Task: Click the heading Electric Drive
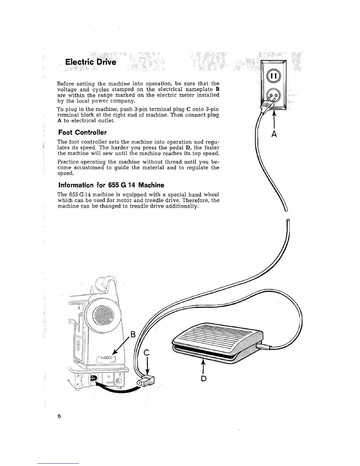tap(91, 62)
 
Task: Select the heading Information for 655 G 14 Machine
tap(111, 185)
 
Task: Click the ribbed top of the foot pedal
tap(218, 335)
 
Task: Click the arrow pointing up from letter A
tap(274, 119)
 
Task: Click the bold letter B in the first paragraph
tap(217, 89)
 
